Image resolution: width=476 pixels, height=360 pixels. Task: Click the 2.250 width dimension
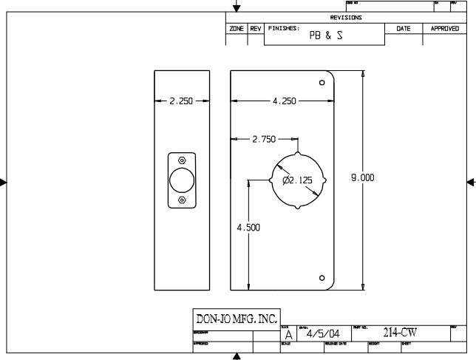pos(181,101)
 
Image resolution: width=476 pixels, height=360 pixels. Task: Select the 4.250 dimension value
pos(284,101)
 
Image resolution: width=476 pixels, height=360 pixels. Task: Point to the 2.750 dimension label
pos(264,138)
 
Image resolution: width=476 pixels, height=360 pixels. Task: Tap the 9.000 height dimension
pos(362,177)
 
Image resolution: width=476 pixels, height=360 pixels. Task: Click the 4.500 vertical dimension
pos(248,228)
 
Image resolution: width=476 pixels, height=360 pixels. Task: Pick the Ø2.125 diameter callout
pos(297,180)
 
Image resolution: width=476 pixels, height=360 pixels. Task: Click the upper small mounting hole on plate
pos(322,83)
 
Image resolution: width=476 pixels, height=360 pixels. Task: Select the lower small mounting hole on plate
pos(322,277)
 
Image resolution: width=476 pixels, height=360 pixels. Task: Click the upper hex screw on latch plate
pos(182,159)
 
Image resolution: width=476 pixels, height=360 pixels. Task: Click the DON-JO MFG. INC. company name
pos(236,319)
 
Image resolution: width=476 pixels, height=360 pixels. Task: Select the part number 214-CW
pos(400,333)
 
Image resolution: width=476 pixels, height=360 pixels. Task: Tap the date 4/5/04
pos(322,333)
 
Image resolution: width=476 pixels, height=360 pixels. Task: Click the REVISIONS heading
pos(346,17)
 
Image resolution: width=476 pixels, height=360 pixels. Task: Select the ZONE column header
pos(237,28)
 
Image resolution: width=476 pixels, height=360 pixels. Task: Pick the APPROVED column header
pos(445,28)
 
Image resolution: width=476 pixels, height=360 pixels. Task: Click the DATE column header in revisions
pos(404,28)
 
